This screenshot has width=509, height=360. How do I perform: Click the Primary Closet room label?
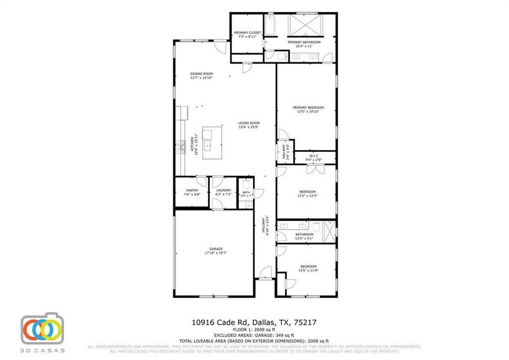click(x=248, y=32)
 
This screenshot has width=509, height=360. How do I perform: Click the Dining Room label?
click(x=201, y=74)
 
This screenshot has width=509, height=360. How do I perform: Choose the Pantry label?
click(x=192, y=190)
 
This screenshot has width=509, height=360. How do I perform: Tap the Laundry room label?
click(x=224, y=190)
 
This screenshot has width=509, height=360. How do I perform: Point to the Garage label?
click(x=216, y=248)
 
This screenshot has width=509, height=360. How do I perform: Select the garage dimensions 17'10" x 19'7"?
click(x=216, y=253)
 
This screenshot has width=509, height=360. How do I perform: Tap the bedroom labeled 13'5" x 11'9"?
click(x=308, y=268)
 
